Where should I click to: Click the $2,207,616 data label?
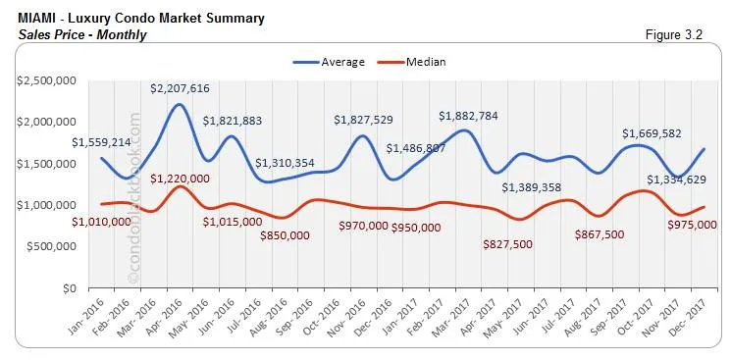(180, 88)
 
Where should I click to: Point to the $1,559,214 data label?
(102, 141)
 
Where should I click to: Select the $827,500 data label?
(515, 244)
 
